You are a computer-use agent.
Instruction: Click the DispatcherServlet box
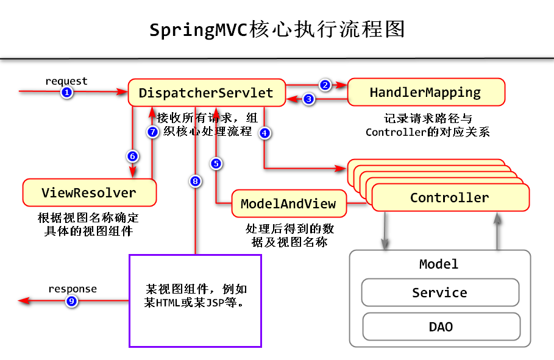(x=206, y=93)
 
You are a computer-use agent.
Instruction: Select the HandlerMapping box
(x=425, y=93)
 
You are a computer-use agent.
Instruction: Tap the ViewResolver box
(x=89, y=193)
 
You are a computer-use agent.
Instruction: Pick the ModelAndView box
(x=289, y=204)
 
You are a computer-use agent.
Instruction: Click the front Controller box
(x=450, y=198)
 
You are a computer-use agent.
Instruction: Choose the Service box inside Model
(x=440, y=293)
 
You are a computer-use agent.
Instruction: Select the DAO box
(x=441, y=326)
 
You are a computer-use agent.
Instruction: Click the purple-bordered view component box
(x=195, y=300)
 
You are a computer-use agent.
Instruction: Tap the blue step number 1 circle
(x=66, y=92)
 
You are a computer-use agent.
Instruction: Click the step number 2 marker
(x=325, y=85)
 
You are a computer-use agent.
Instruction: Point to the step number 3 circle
(x=309, y=99)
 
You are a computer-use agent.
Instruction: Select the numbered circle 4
(x=265, y=133)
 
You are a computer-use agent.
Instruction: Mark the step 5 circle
(x=216, y=163)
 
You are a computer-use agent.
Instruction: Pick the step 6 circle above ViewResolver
(x=132, y=156)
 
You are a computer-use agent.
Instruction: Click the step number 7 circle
(x=153, y=131)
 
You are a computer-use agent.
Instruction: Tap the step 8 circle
(x=195, y=181)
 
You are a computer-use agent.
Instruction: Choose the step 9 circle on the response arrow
(x=72, y=300)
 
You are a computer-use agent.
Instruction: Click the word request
(x=66, y=81)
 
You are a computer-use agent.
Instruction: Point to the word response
(x=72, y=289)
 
